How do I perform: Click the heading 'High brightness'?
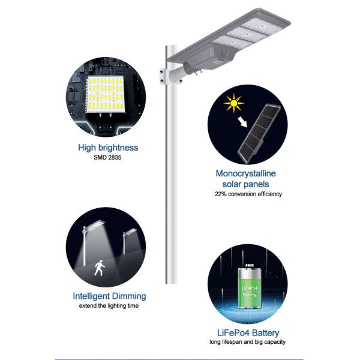point(108,147)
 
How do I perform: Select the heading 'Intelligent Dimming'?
point(109,296)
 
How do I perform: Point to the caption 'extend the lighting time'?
point(109,306)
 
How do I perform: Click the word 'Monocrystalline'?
point(246,173)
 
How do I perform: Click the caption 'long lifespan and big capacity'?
point(247,342)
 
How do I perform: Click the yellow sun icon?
point(231,104)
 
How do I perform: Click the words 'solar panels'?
point(246,184)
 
